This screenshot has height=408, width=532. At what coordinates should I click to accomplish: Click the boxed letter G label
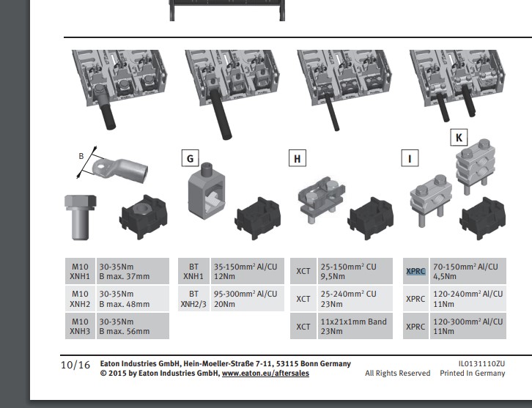(x=190, y=157)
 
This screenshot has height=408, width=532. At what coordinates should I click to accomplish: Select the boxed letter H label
(x=298, y=157)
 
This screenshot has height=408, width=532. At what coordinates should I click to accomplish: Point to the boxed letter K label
(x=459, y=136)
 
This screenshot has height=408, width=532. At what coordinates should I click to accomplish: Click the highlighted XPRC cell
(x=415, y=271)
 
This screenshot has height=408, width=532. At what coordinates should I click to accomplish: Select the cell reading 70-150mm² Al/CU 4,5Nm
(x=466, y=271)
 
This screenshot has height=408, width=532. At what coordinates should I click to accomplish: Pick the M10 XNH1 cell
(x=80, y=271)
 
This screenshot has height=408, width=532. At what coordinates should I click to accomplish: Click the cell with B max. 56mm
(x=132, y=327)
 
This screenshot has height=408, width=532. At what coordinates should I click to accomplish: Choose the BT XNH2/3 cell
(x=194, y=299)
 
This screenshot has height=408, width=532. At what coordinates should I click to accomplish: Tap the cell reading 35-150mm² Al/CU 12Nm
(x=245, y=271)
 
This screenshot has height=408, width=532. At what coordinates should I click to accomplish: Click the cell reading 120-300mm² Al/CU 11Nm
(x=466, y=327)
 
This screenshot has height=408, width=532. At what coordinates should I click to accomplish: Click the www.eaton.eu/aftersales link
(x=265, y=373)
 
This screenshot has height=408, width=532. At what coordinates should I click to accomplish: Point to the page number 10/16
(x=75, y=365)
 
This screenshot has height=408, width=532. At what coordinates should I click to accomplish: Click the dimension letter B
(x=81, y=156)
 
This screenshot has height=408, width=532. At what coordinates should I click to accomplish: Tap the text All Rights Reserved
(x=398, y=374)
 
